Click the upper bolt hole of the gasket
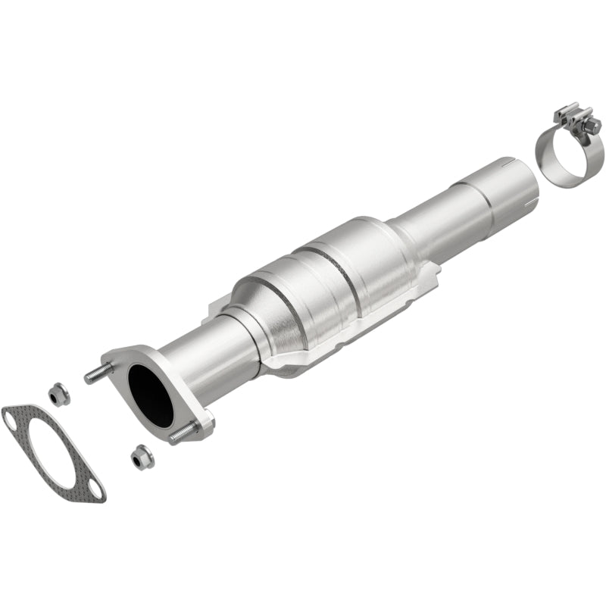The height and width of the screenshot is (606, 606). pos(13,415)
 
